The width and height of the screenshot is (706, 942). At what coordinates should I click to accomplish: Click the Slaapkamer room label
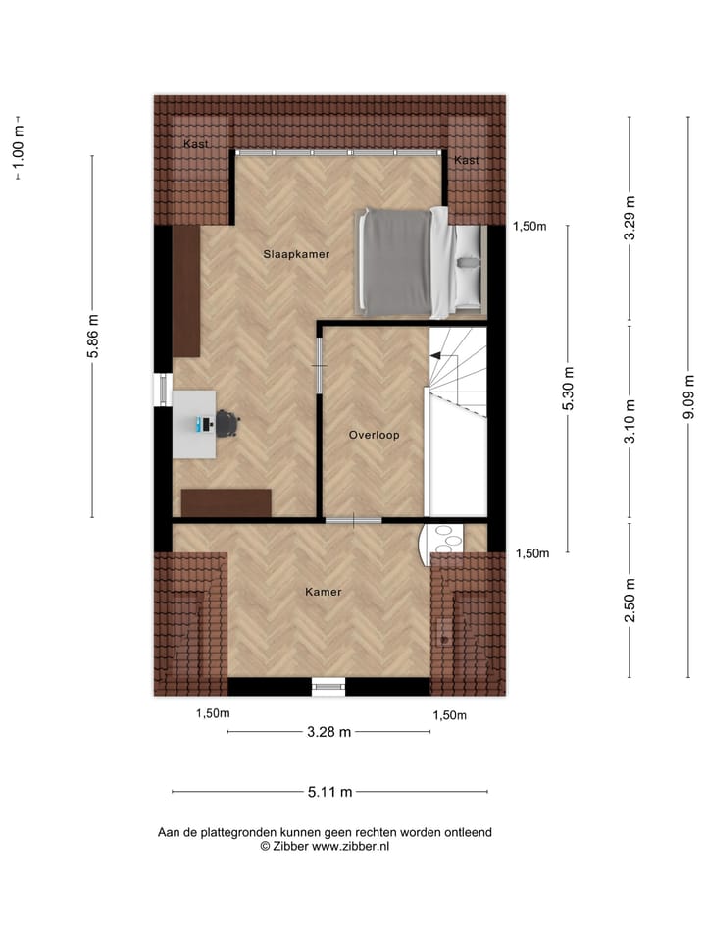pyautogui.click(x=295, y=254)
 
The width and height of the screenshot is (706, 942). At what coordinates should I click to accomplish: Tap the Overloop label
pyautogui.click(x=374, y=435)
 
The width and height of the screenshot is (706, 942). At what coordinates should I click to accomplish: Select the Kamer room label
pyautogui.click(x=323, y=592)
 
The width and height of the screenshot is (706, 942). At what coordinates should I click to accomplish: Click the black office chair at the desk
pyautogui.click(x=228, y=423)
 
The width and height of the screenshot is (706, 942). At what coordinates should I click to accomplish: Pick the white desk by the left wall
pyautogui.click(x=194, y=424)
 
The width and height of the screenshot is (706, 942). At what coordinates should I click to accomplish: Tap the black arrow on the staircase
pyautogui.click(x=436, y=358)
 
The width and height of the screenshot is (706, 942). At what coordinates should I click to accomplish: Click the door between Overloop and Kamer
pyautogui.click(x=353, y=520)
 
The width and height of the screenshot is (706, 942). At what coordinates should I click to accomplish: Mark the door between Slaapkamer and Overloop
pyautogui.click(x=319, y=366)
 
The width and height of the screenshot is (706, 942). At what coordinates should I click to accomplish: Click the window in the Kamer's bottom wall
pyautogui.click(x=328, y=687)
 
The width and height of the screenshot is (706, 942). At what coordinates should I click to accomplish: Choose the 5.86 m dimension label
pyautogui.click(x=94, y=337)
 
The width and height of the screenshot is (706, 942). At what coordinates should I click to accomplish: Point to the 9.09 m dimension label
pyautogui.click(x=689, y=396)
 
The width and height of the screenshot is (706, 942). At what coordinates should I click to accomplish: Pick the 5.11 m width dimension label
pyautogui.click(x=329, y=792)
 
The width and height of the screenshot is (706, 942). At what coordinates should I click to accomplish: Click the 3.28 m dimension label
pyautogui.click(x=329, y=732)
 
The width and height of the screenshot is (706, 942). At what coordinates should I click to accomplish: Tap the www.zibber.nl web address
pyautogui.click(x=350, y=846)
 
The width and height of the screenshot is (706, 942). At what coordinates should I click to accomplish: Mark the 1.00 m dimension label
pyautogui.click(x=17, y=146)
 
